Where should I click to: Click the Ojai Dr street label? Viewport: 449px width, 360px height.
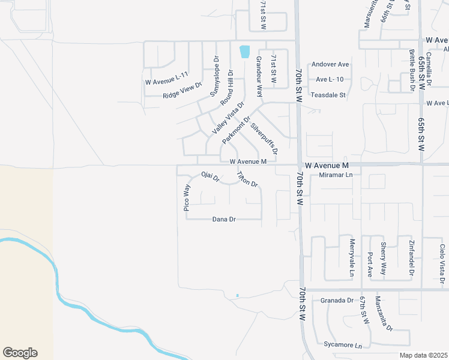click(211, 178)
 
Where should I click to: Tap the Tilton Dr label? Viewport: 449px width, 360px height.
click(247, 179)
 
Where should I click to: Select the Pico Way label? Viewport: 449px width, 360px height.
click(187, 197)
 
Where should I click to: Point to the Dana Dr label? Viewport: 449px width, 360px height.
click(224, 220)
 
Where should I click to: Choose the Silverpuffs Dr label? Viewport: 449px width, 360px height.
click(264, 139)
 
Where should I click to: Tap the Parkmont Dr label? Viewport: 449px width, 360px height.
click(236, 130)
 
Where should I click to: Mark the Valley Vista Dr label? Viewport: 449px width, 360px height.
click(228, 117)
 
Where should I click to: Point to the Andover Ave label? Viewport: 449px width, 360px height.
click(330, 64)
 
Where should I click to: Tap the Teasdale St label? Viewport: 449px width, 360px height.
click(328, 95)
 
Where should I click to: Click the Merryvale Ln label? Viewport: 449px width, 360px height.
click(352, 258)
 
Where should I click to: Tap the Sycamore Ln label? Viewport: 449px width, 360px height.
click(342, 346)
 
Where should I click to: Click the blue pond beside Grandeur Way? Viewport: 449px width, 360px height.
click(244, 52)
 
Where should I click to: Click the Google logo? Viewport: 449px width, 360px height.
click(20, 353)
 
